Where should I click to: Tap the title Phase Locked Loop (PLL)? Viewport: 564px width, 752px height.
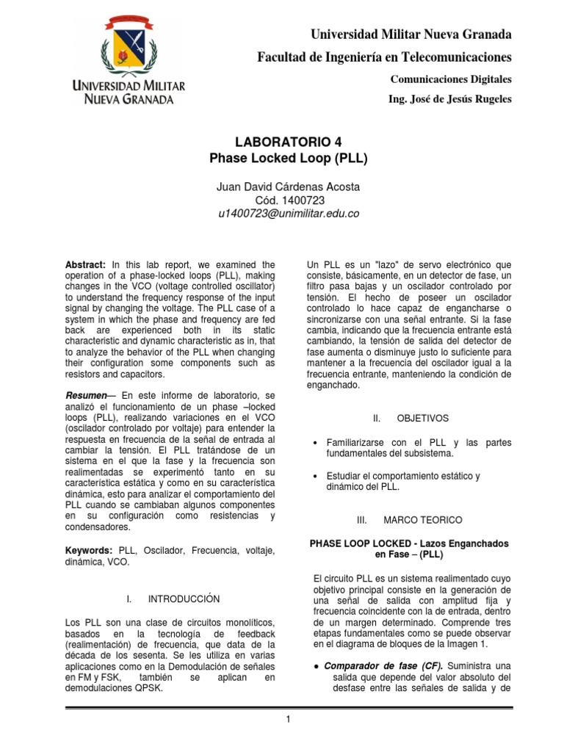pyautogui.click(x=283, y=157)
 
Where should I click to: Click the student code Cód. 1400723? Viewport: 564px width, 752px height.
pyautogui.click(x=283, y=200)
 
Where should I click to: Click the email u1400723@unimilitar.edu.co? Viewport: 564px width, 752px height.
pyautogui.click(x=283, y=214)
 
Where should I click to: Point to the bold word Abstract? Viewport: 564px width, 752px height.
pyautogui.click(x=86, y=265)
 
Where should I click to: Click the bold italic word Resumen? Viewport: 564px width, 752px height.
pyautogui.click(x=86, y=396)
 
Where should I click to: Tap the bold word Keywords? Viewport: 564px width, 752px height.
pyautogui.click(x=88, y=550)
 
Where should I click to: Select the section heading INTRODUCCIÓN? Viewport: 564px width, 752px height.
pyautogui.click(x=183, y=599)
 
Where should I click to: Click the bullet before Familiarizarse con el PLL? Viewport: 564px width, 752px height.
pyautogui.click(x=315, y=444)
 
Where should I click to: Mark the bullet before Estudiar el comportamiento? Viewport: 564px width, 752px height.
pyautogui.click(x=315, y=476)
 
